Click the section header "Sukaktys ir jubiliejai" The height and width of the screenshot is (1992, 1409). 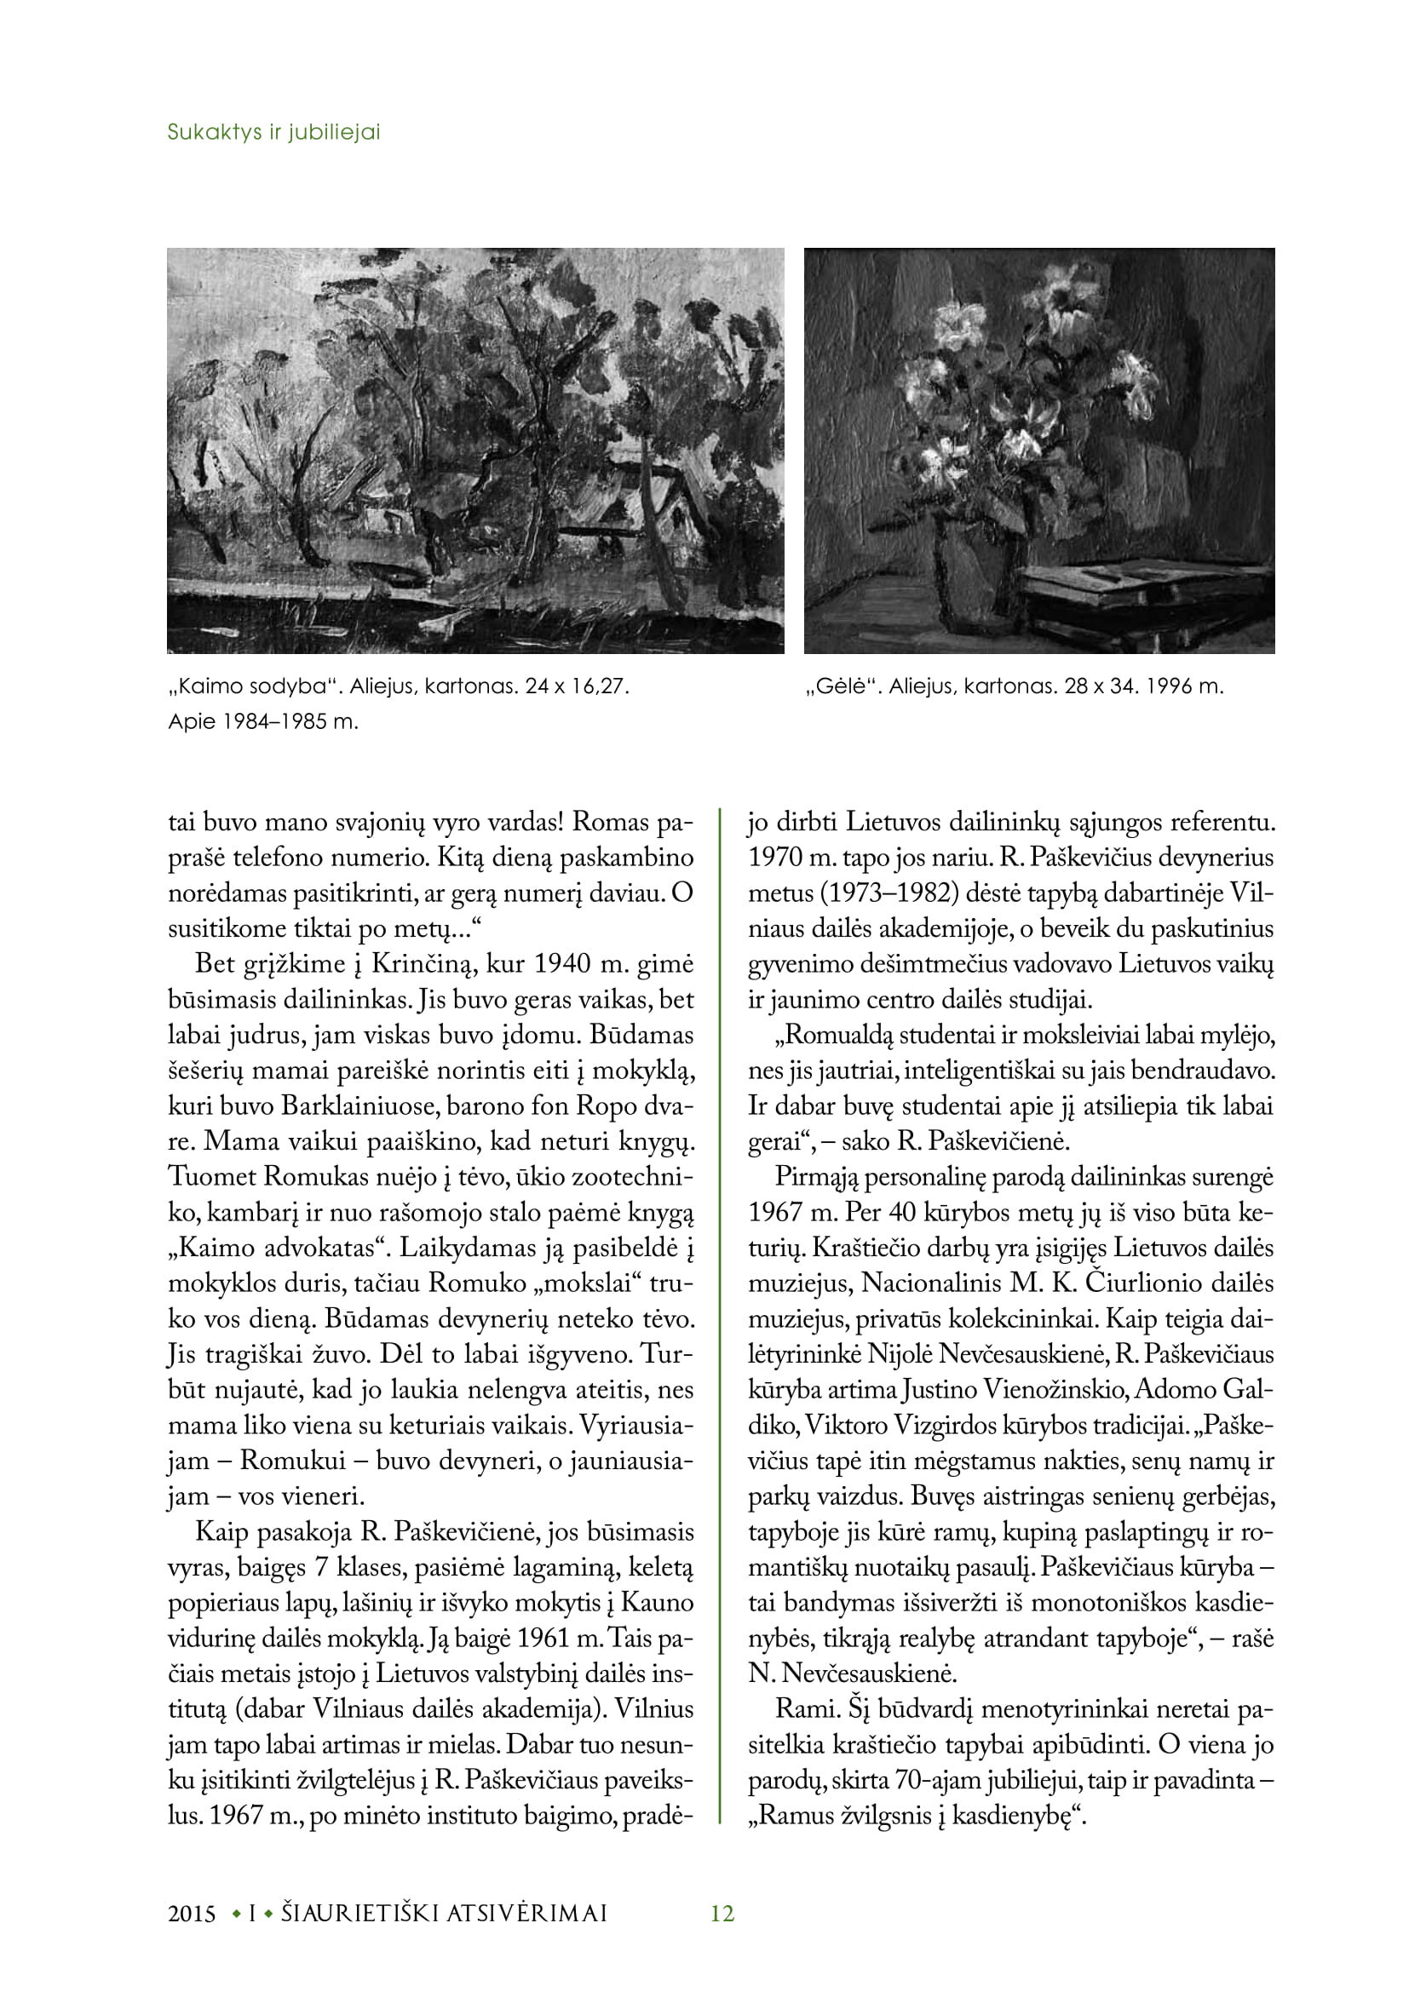pyautogui.click(x=273, y=133)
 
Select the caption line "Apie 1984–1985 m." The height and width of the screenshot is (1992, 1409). pyautogui.click(x=263, y=722)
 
